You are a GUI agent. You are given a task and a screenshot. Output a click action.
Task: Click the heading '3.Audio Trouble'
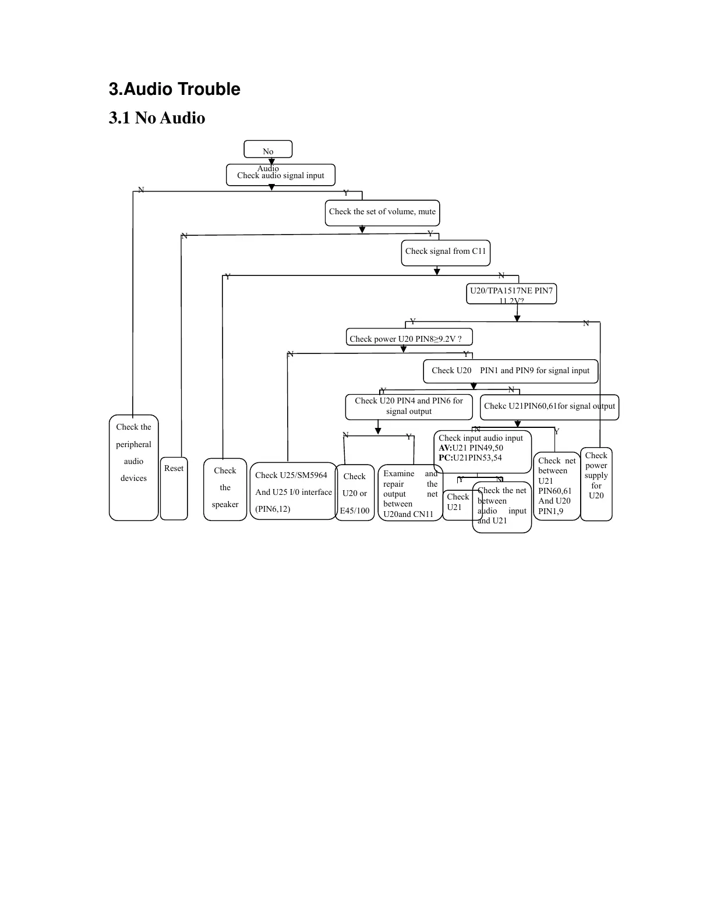(x=174, y=89)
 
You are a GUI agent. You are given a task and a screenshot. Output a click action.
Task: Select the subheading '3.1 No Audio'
(x=157, y=118)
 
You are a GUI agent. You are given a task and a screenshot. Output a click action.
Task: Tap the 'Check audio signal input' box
(x=280, y=175)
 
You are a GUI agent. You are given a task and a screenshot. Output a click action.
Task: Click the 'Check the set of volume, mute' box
(x=382, y=212)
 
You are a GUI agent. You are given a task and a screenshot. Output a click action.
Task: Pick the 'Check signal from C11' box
(x=446, y=252)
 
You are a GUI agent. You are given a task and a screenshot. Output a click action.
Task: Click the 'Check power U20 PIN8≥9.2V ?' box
(x=409, y=338)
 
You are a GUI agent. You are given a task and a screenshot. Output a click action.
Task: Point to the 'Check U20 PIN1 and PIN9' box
(x=510, y=371)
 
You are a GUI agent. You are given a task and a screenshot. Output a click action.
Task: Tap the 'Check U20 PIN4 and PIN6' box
(x=408, y=406)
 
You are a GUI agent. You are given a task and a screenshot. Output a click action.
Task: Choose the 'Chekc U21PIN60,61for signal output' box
(x=549, y=406)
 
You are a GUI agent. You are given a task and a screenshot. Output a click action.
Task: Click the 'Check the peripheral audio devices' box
(x=133, y=467)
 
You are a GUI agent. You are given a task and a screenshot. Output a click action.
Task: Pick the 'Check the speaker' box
(x=225, y=489)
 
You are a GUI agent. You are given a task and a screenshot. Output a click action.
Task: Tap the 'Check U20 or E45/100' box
(x=355, y=493)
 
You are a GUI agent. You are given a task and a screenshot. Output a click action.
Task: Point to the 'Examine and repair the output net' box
(x=410, y=493)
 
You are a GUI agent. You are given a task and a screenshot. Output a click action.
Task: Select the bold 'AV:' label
(x=445, y=448)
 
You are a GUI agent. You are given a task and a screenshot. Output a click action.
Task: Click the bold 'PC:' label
(x=446, y=458)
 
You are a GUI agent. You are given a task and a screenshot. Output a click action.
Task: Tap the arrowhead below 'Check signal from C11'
(x=437, y=271)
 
